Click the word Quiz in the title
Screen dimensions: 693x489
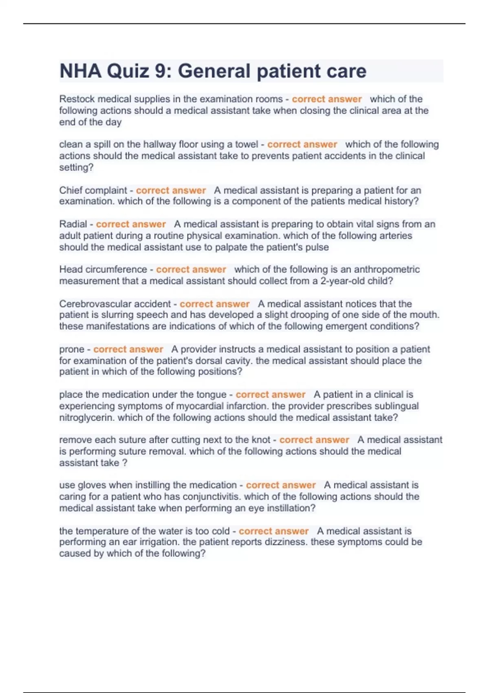click(x=128, y=71)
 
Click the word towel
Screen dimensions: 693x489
click(x=247, y=144)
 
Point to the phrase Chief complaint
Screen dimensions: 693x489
click(x=93, y=190)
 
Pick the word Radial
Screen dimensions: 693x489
click(x=73, y=224)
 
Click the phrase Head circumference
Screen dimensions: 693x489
click(x=103, y=269)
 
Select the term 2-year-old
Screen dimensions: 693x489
click(x=343, y=281)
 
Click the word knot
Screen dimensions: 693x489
click(x=261, y=440)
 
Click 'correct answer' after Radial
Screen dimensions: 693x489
click(x=131, y=224)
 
